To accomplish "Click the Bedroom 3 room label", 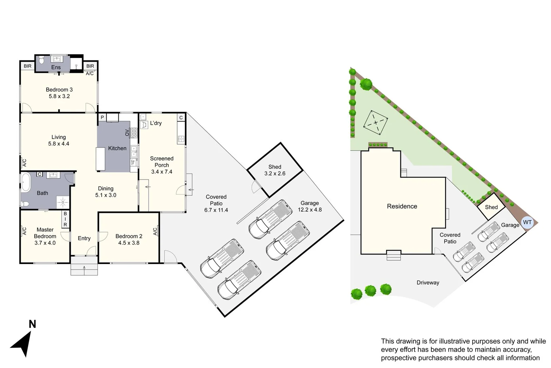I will coord(59,90).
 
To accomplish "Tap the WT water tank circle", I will coord(527,223).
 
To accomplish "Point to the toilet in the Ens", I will coord(41,60).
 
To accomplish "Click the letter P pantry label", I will coord(102,117).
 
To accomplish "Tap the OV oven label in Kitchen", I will coord(127,133).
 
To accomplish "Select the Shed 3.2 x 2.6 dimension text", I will coord(275,173).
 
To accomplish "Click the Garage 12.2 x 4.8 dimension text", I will coord(310,210).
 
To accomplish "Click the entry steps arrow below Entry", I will coord(84,268).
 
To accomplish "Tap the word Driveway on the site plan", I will coord(428,282).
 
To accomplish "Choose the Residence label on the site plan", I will coord(402,206).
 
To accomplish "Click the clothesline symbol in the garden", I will coord(375,122).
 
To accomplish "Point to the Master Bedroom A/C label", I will coord(24,231).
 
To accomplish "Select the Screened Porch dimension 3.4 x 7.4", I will coord(162,172).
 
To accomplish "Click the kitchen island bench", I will coord(100,159).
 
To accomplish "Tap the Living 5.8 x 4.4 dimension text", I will coord(59,144).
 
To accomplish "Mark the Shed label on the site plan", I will coord(491,207).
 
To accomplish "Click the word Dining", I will coord(105,188).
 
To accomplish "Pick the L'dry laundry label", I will coord(156,123).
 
